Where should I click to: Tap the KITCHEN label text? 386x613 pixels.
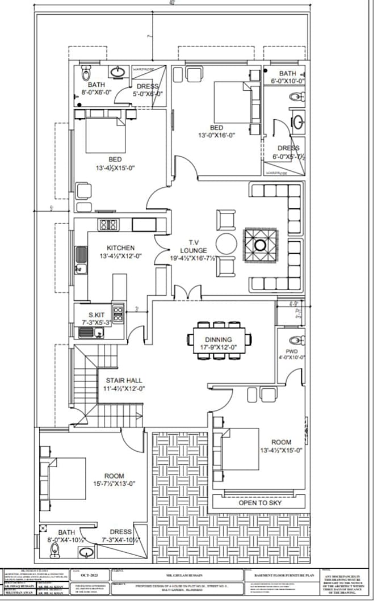pyautogui.click(x=121, y=247)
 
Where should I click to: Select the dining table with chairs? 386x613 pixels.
pyautogui.click(x=221, y=340)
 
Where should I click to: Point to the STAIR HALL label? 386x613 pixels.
pyautogui.click(x=124, y=380)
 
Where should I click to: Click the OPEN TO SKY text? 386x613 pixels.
pyautogui.click(x=260, y=503)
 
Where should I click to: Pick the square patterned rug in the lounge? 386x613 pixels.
pyautogui.click(x=261, y=245)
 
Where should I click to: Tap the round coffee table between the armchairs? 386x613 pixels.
pyautogui.click(x=226, y=243)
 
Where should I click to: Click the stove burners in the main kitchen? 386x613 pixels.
pyautogui.click(x=108, y=225)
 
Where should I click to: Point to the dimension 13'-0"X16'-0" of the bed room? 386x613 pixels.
pyautogui.click(x=216, y=135)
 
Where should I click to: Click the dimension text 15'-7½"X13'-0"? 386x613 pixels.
pyautogui.click(x=114, y=484)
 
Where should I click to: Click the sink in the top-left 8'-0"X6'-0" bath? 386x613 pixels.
pyautogui.click(x=118, y=72)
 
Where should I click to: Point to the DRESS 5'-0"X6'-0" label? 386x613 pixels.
pyautogui.click(x=147, y=90)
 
